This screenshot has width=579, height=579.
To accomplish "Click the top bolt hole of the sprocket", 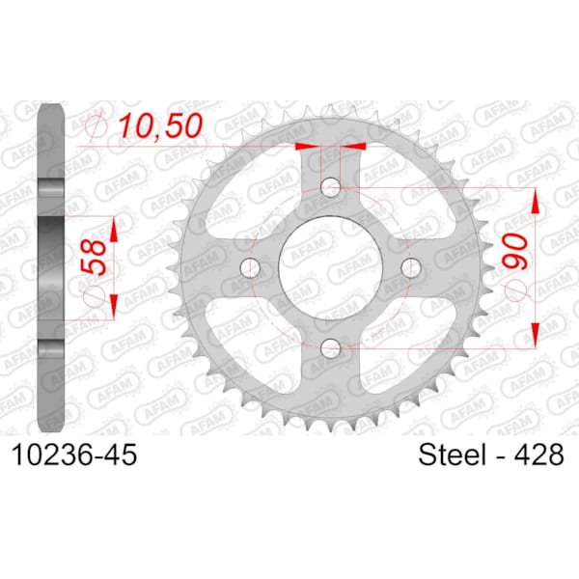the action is (330, 187).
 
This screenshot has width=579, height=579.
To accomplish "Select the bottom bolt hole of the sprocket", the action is (330, 347).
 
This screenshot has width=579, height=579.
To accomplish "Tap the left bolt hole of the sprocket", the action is (250, 267).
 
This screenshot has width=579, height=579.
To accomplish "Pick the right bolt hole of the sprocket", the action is (411, 267).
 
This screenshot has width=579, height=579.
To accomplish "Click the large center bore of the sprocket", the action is (330, 267).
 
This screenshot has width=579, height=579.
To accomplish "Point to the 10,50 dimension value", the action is (161, 125).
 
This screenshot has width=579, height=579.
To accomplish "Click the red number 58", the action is (95, 257).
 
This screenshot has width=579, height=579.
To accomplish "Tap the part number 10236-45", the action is (74, 455).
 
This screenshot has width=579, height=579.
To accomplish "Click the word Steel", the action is (452, 455).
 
